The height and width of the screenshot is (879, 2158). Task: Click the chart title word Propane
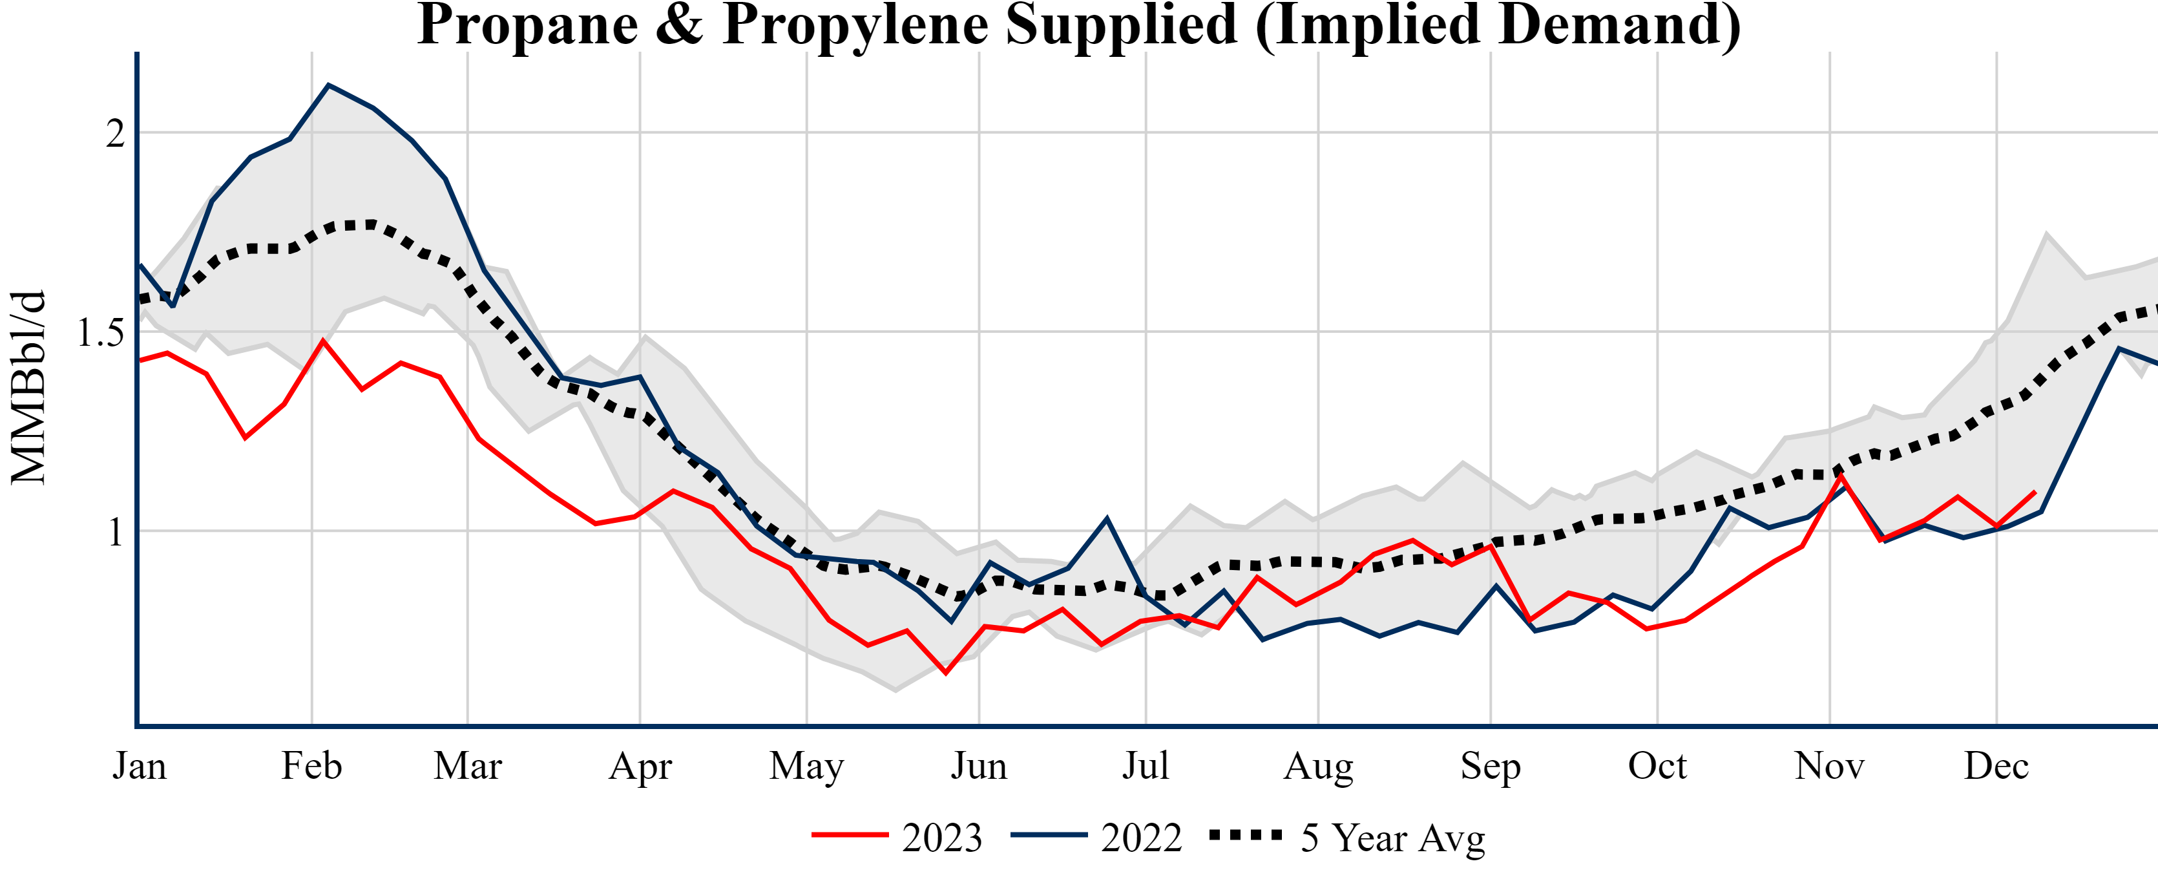528,25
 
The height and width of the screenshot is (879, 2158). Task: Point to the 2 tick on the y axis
116,133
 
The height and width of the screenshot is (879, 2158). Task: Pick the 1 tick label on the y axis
116,532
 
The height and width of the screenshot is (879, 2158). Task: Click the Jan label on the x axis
139,766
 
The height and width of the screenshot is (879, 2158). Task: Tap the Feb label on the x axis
311,766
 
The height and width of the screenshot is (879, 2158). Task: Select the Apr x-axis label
640,766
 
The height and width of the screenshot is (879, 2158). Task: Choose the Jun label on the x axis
978,766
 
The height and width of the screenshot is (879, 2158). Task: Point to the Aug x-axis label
1318,766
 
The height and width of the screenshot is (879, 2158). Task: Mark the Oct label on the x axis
1657,766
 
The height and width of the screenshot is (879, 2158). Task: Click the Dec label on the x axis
1996,766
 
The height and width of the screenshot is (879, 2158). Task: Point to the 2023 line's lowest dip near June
946,673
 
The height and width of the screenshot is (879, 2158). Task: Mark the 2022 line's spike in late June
1107,519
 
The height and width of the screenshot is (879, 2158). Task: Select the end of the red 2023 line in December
2035,492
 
